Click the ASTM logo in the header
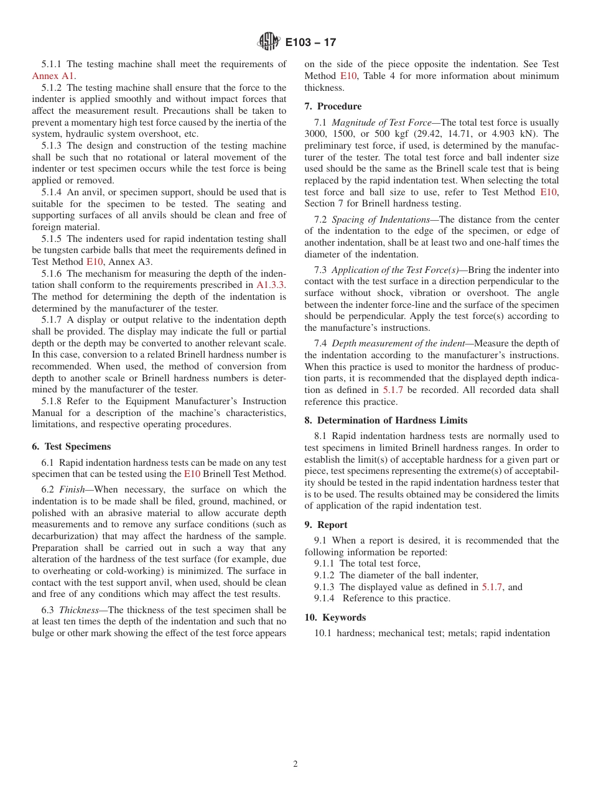[269, 42]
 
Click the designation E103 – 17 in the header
[310, 43]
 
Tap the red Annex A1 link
[53, 76]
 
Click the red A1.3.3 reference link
[271, 285]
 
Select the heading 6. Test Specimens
[71, 446]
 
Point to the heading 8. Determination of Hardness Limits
[386, 420]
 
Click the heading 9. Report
[326, 525]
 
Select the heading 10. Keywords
[335, 618]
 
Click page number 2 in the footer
[295, 764]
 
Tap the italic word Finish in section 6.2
[72, 489]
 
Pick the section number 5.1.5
[53, 239]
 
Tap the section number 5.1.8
[53, 401]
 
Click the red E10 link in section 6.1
[192, 474]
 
